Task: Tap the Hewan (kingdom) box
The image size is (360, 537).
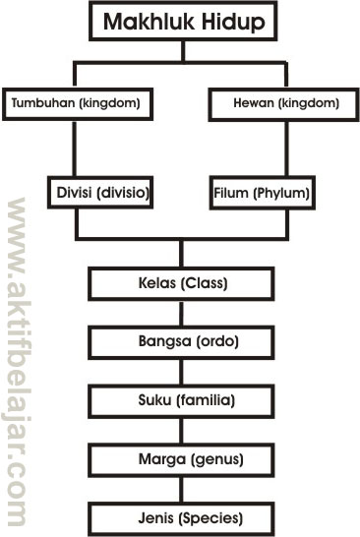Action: (x=288, y=101)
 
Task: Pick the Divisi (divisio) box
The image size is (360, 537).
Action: (x=97, y=193)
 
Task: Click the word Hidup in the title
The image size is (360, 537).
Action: (x=236, y=22)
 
